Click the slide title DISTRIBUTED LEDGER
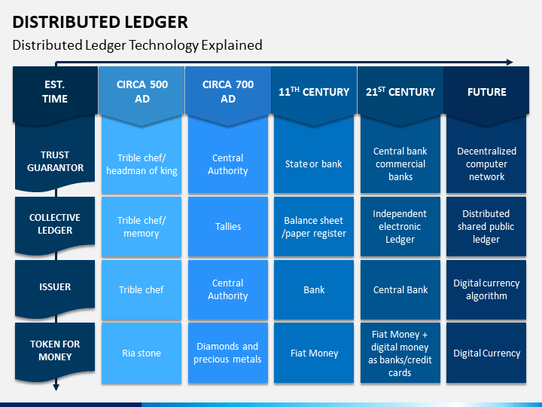click(100, 22)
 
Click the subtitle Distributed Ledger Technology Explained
click(137, 45)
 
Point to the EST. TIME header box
click(55, 95)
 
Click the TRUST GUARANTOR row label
click(55, 159)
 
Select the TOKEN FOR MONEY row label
click(55, 352)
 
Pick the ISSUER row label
click(55, 288)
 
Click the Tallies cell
click(228, 227)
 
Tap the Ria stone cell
click(142, 353)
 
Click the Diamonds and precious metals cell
click(228, 353)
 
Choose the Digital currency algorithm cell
click(486, 289)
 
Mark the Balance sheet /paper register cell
click(314, 227)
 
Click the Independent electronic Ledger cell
click(400, 227)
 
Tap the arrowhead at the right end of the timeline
click(510, 63)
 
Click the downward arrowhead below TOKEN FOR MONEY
click(56, 387)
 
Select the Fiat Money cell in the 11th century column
click(314, 353)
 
